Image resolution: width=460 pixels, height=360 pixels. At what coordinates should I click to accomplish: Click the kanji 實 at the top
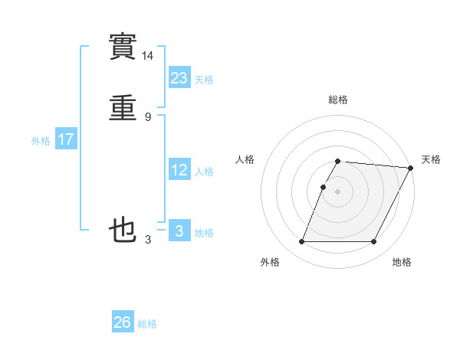123,48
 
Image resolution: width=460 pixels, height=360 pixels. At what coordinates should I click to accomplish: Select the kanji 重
123,109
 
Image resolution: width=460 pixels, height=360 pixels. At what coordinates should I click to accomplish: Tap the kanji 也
123,230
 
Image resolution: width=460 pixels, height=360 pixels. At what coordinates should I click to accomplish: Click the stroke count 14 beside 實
148,56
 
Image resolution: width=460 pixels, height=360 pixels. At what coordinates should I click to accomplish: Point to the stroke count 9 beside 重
148,116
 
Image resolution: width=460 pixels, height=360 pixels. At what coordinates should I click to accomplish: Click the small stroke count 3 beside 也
148,240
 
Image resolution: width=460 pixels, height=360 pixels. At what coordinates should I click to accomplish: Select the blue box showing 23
179,77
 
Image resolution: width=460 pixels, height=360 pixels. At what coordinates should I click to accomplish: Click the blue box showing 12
179,170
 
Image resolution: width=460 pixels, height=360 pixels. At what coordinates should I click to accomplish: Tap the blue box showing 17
66,140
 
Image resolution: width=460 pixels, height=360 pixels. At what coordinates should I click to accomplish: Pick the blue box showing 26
123,322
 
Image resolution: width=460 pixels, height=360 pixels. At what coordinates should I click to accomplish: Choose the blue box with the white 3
179,231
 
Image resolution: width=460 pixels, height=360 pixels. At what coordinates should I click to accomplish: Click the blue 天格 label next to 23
204,79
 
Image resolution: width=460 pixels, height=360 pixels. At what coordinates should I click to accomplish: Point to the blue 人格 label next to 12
204,172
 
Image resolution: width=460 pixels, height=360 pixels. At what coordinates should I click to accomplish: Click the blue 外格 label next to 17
41,141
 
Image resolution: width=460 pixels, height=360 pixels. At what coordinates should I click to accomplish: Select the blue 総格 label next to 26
147,324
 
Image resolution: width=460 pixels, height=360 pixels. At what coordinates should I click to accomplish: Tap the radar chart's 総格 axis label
338,100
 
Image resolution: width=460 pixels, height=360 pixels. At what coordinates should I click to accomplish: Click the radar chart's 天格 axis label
431,159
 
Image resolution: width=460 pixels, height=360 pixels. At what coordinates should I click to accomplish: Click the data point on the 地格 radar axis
374,242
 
